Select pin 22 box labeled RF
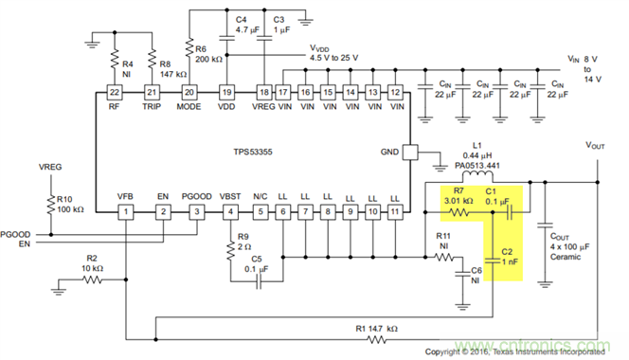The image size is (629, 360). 115,92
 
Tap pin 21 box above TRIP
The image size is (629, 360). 152,92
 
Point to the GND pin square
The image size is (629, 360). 411,152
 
